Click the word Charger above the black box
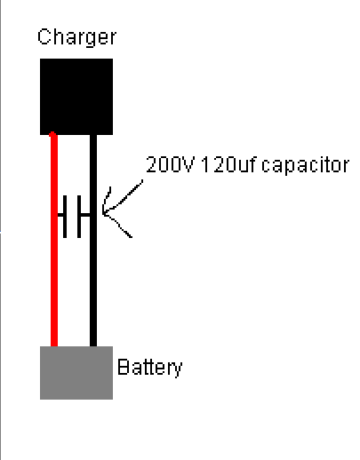click(77, 37)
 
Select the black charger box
click(76, 97)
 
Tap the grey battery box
click(76, 373)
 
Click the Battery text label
click(150, 368)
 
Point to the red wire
click(54, 239)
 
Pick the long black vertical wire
click(93, 241)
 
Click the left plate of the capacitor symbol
click(65, 216)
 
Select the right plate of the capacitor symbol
click(79, 216)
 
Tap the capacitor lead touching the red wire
click(60, 215)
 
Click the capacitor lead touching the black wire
click(85, 215)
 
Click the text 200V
click(170, 164)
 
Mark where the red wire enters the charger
click(53, 134)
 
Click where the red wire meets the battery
click(54, 346)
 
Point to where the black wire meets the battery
click(93, 346)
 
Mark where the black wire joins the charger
click(93, 135)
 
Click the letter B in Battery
click(124, 367)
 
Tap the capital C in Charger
click(44, 36)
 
